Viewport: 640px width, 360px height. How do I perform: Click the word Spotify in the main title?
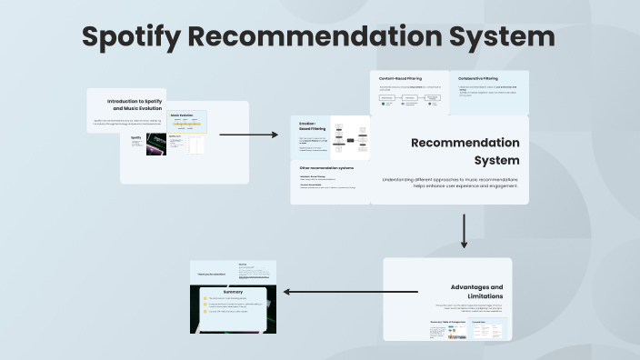pos(137,37)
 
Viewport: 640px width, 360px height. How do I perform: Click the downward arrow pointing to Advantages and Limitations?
pos(464,231)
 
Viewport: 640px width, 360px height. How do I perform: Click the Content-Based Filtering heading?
pos(400,79)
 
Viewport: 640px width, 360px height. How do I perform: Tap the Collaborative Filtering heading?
pos(477,79)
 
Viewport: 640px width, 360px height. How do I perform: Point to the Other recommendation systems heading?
pos(326,168)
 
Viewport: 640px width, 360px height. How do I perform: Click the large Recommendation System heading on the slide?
pos(465,152)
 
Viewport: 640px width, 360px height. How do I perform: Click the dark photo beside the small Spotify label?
pos(156,146)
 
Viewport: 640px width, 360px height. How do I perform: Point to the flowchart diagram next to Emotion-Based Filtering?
pos(349,141)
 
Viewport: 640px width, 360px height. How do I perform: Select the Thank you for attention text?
pos(213,273)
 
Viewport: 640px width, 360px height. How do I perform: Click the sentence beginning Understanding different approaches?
pos(451,183)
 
